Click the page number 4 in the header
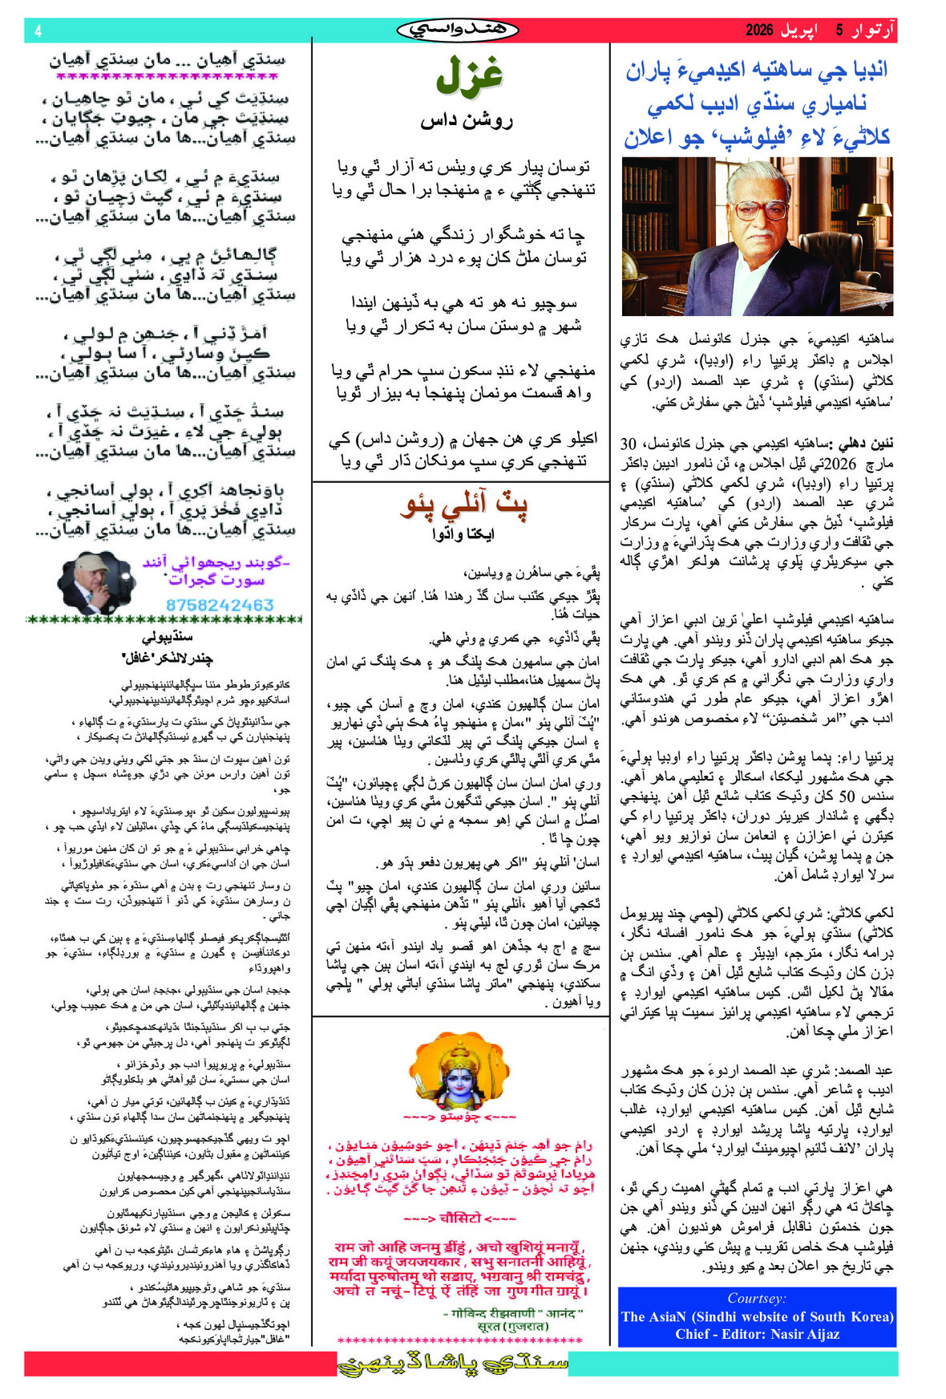[38, 31]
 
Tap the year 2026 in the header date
[759, 30]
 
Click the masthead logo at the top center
[458, 30]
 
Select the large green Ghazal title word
[468, 76]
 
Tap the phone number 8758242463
[220, 605]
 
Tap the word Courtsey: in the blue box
[757, 1298]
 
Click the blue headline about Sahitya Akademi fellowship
[757, 103]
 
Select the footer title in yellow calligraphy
[453, 1364]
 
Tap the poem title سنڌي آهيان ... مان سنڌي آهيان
[167, 60]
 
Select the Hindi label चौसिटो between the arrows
[459, 1219]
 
